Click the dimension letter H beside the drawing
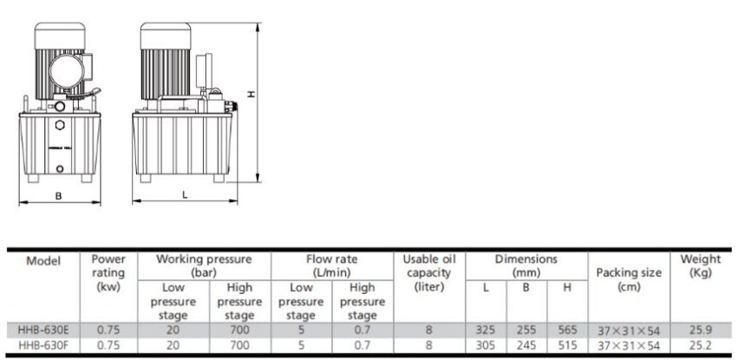(251, 96)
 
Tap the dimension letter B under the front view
(58, 195)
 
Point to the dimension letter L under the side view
(185, 195)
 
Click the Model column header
(42, 260)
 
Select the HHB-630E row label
(42, 330)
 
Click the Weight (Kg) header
(701, 265)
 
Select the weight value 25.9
(701, 330)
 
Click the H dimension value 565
(566, 330)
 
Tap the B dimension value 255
(525, 330)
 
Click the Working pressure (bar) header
(204, 265)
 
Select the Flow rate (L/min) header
(331, 265)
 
